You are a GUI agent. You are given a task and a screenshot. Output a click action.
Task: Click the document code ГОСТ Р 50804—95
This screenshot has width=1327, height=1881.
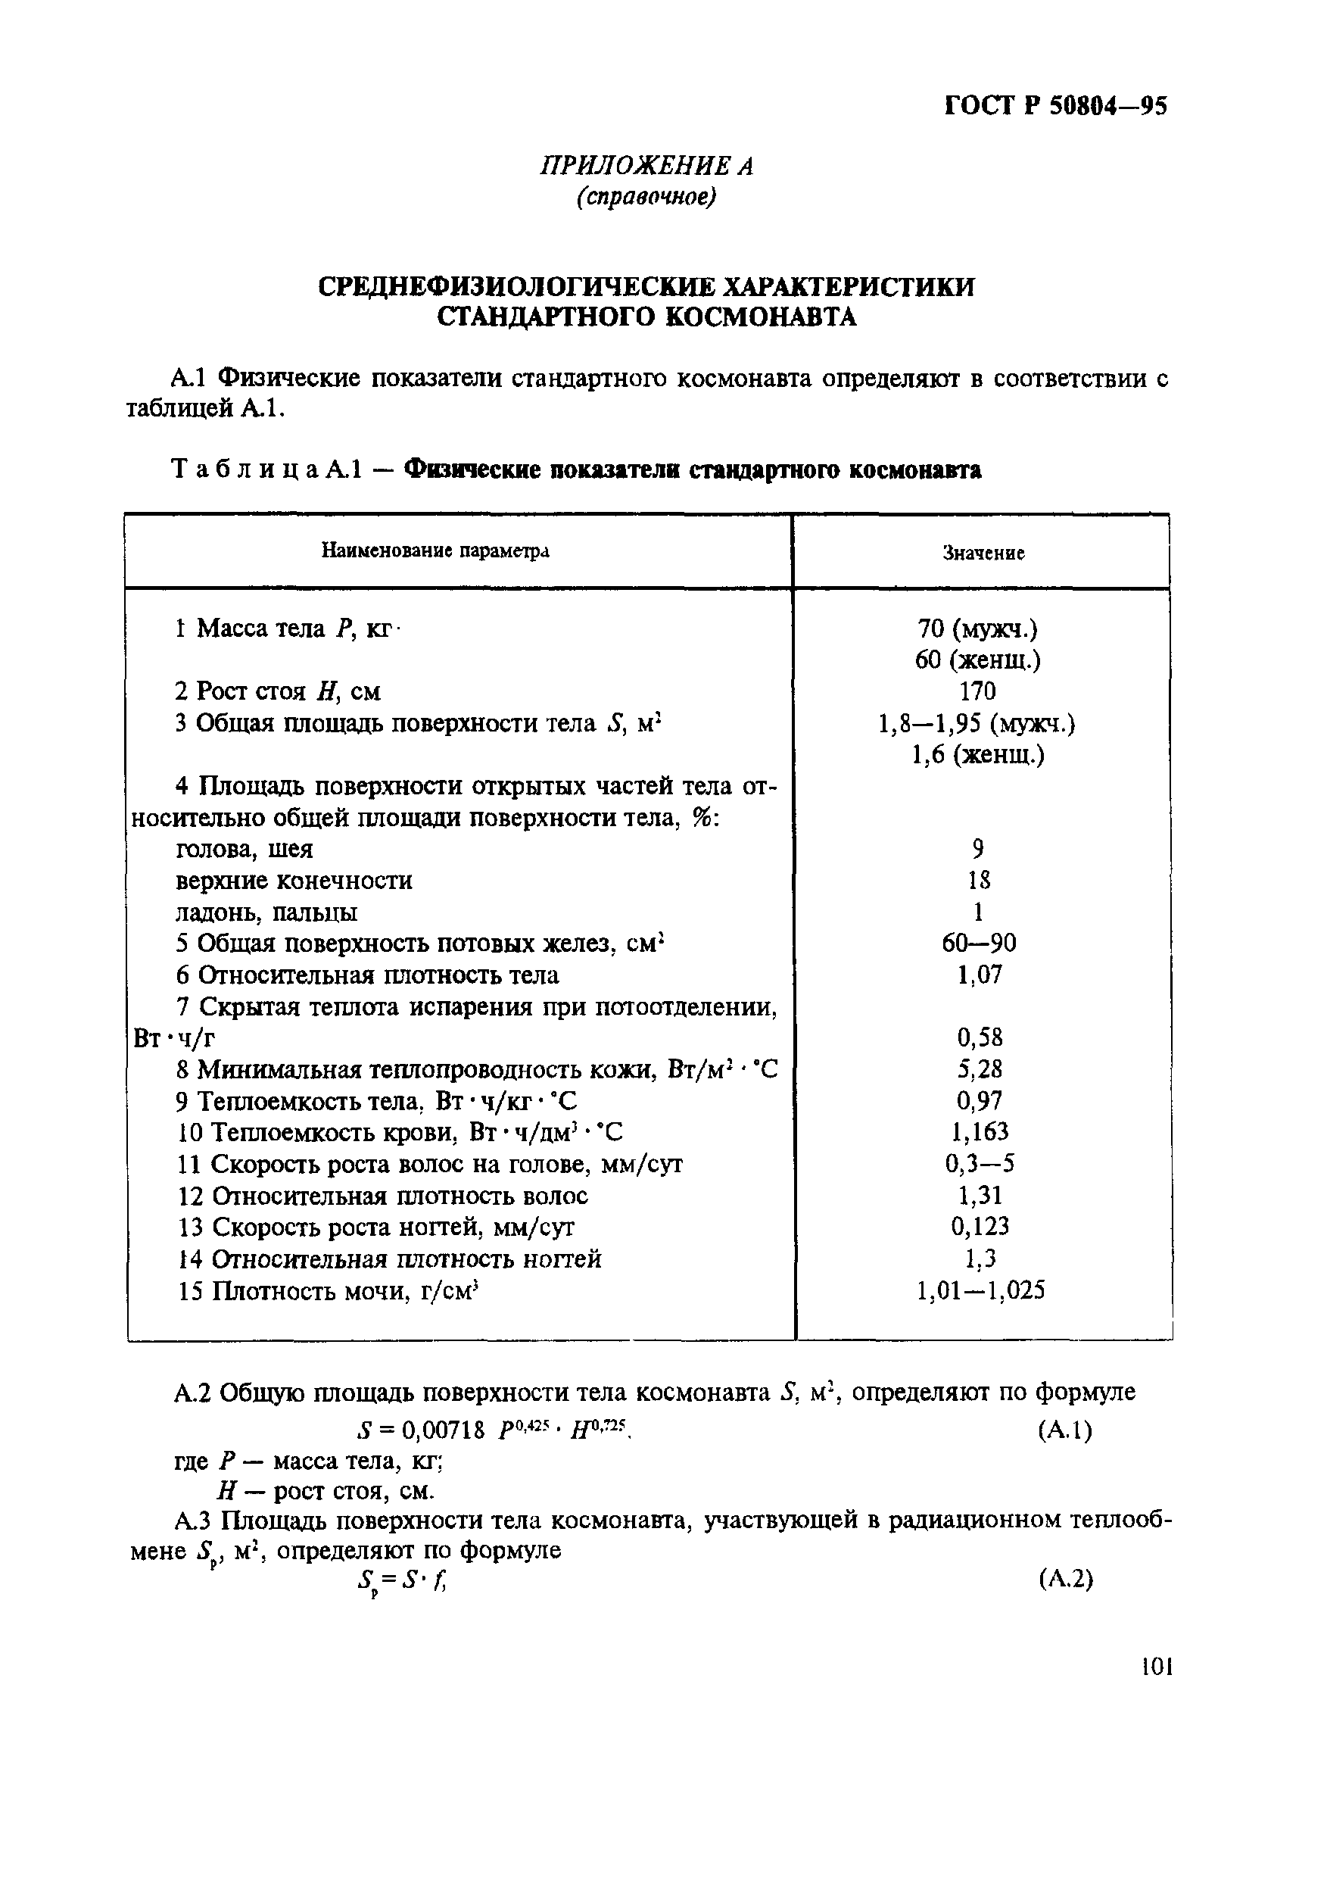[1055, 107]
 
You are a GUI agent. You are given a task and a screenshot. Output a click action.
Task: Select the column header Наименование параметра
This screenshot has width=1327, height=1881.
[435, 551]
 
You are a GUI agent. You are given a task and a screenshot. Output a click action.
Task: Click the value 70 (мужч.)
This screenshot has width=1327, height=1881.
[977, 629]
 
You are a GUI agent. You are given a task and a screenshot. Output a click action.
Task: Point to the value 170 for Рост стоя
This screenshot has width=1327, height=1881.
[977, 691]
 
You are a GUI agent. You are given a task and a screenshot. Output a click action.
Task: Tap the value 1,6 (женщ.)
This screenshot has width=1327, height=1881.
[977, 753]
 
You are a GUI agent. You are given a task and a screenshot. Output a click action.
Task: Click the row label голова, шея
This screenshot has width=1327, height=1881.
[244, 849]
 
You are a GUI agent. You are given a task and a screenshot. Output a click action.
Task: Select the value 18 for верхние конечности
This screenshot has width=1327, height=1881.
[977, 881]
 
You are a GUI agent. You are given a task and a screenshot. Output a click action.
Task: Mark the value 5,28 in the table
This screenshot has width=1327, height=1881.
[979, 1069]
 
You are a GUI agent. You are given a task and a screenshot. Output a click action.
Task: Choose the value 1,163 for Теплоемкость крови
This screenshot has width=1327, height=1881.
[979, 1132]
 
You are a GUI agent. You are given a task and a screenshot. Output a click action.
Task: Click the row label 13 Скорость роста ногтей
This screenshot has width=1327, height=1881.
[377, 1227]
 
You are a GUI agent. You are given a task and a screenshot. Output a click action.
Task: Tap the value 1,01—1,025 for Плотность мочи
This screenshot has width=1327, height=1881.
[980, 1291]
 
